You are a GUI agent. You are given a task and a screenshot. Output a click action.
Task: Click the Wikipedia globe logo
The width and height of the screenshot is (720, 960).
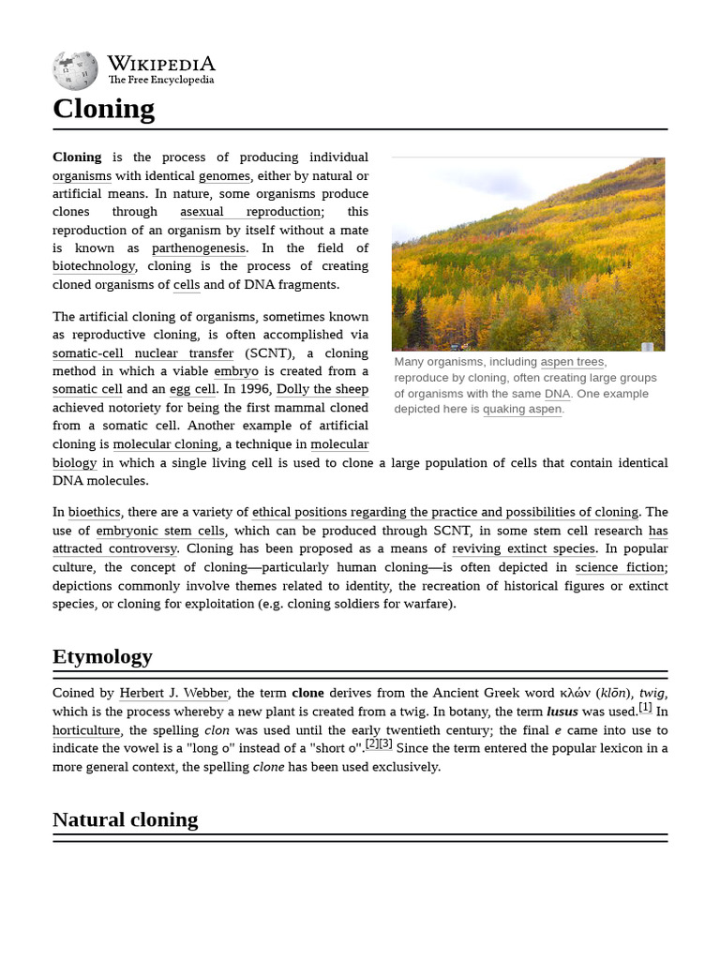[75, 70]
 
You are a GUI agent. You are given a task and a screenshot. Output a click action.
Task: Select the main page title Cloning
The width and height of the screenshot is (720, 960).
[103, 109]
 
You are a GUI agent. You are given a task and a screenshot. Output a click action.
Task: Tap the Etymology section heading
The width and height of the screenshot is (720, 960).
[102, 656]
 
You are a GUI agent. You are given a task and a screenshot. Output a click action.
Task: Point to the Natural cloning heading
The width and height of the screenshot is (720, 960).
[125, 819]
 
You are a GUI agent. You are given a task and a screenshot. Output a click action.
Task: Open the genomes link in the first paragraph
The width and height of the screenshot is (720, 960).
[224, 175]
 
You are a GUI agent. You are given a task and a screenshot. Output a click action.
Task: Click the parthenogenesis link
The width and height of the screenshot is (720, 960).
[199, 248]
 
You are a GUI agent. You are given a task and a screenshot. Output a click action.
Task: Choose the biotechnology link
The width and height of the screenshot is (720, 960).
[94, 266]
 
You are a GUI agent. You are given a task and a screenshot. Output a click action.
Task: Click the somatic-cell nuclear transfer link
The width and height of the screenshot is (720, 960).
[142, 353]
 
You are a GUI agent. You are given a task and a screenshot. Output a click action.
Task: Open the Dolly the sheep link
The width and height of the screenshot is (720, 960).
[322, 389]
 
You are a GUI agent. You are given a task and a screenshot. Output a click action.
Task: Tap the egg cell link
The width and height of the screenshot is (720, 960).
[192, 389]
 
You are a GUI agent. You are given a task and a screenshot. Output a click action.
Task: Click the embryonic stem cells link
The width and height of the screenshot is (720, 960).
[160, 531]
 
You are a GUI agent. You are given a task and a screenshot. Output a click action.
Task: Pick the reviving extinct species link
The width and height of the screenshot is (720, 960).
[523, 548]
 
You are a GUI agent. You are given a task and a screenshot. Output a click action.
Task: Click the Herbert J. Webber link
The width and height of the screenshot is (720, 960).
[173, 693]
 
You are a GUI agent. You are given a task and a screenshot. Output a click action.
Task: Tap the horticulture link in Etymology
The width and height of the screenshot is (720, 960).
[86, 730]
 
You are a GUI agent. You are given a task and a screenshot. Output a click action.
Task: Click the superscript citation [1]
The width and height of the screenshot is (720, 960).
[645, 708]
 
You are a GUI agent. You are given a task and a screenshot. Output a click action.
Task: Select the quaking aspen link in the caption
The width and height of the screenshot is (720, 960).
[522, 409]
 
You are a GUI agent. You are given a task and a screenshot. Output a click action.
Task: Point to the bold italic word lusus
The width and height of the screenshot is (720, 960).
[562, 712]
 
